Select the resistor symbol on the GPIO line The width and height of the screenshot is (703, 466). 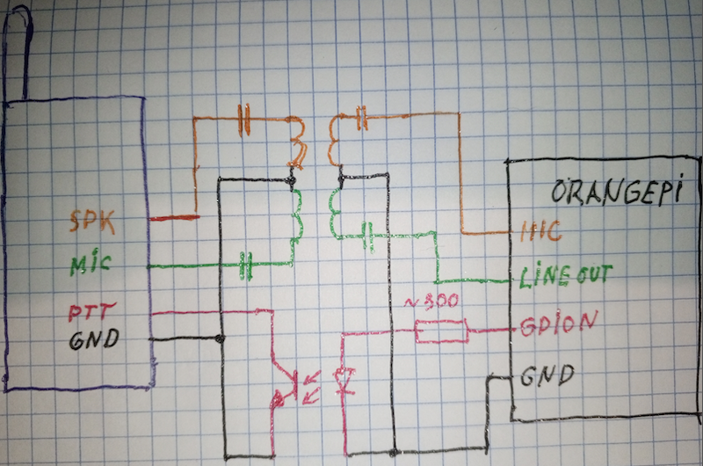click(441, 332)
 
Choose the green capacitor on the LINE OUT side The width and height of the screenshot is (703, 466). click(369, 234)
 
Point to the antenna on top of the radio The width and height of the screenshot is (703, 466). click(18, 53)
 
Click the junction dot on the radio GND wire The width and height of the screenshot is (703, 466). click(220, 339)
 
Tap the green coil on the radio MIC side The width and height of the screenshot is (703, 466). click(294, 215)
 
